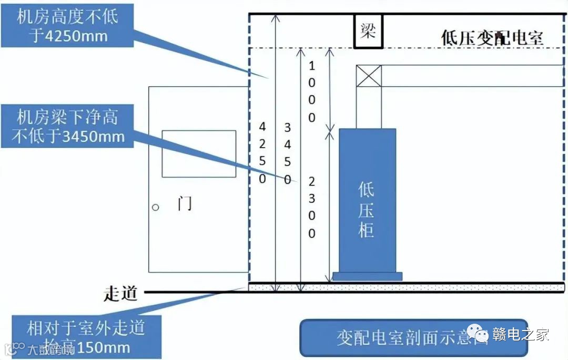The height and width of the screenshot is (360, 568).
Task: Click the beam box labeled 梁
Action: [368, 32]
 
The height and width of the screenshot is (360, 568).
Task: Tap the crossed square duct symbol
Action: [369, 76]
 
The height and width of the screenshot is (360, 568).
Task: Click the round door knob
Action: [156, 207]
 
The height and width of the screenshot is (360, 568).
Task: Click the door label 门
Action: [185, 203]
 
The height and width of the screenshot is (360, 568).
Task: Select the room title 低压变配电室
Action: [492, 38]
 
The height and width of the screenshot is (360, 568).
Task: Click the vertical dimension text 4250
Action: [262, 152]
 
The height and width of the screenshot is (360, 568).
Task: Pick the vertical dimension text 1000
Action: [312, 91]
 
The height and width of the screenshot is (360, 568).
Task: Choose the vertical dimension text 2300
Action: [312, 207]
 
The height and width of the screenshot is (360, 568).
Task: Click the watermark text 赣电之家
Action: [521, 334]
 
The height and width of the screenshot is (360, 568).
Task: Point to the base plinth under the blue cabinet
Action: [367, 276]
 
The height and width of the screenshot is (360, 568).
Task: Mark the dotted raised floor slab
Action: [405, 287]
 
